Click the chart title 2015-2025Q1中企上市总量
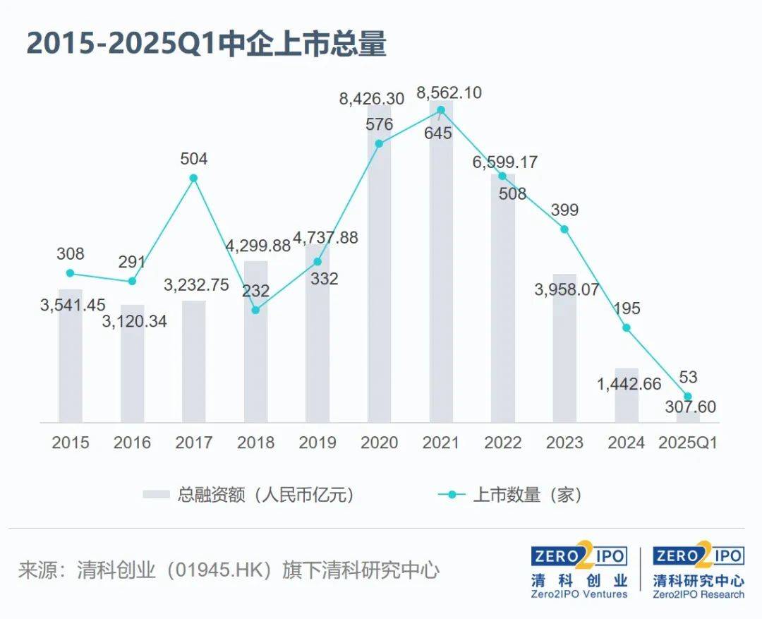point(206,44)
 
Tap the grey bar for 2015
point(70,356)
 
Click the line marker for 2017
point(193,178)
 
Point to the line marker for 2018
point(255,310)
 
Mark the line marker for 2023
point(564,229)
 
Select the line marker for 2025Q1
point(688,397)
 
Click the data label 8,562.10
point(449,92)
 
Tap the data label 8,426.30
point(372,99)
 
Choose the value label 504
point(193,158)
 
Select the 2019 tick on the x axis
point(317,443)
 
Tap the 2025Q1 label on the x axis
point(688,443)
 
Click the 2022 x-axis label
point(503,443)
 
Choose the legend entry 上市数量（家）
point(512,495)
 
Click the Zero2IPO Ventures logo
point(579,572)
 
